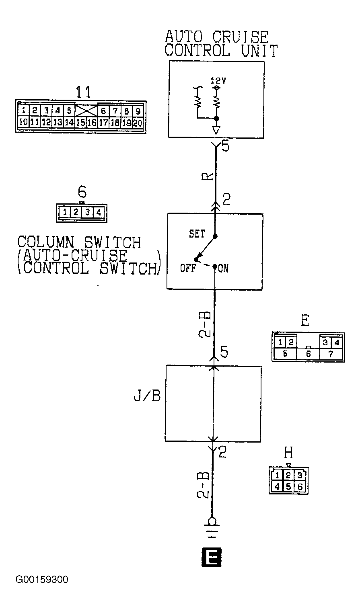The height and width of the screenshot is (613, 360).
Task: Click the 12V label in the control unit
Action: click(218, 81)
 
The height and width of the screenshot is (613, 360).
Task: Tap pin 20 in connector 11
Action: click(138, 123)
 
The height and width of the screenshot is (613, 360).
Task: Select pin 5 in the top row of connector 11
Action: click(69, 111)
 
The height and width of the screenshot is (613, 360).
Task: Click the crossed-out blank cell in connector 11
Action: click(86, 111)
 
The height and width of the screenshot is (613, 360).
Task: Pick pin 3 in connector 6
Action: click(87, 212)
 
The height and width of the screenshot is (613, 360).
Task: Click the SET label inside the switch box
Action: click(197, 234)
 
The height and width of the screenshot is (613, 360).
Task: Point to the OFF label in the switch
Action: click(188, 268)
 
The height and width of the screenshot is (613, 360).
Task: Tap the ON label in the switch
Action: click(223, 269)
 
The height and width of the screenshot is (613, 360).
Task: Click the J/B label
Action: click(147, 396)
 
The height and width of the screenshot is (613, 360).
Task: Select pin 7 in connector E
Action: click(331, 354)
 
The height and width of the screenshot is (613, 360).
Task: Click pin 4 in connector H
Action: click(277, 487)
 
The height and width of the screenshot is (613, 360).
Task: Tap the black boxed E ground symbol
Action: click(211, 557)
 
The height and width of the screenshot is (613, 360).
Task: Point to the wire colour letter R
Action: click(207, 176)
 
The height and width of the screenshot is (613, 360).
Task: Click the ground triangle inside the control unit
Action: click(216, 130)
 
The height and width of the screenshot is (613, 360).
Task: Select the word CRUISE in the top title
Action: click(240, 37)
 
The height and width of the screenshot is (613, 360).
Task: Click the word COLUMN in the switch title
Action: click(46, 242)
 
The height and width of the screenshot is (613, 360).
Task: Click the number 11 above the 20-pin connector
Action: click(83, 92)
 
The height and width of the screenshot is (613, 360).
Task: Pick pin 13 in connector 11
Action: click(58, 122)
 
